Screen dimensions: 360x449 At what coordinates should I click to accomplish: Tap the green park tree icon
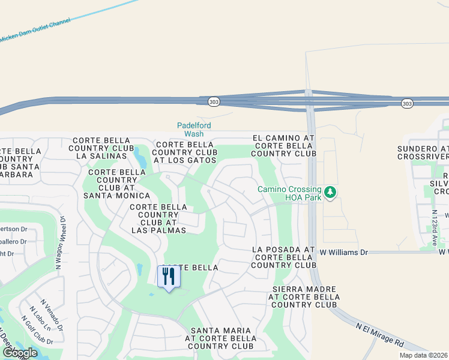point(330,193)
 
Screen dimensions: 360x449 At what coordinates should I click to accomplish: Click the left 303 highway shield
point(214,102)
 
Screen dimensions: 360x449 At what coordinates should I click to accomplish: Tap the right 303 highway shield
point(408,104)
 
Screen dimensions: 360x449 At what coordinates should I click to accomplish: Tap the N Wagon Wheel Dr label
point(62,237)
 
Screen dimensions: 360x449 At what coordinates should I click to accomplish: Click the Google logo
point(19,353)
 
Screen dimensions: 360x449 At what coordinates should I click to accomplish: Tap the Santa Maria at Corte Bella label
point(223,338)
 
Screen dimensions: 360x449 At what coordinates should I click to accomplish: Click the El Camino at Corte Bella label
point(283,146)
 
